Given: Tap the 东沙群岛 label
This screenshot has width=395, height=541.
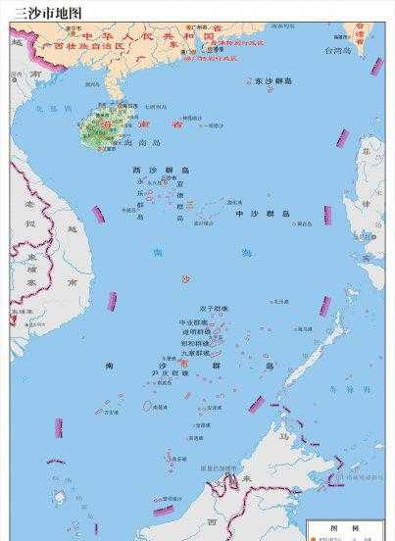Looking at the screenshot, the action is tap(271, 80).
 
